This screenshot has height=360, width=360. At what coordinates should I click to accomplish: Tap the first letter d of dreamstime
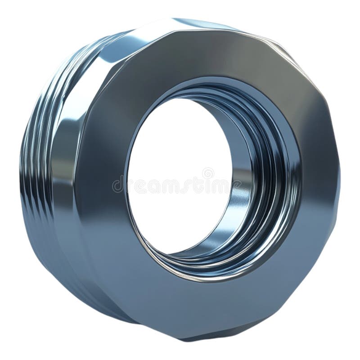tap(117, 185)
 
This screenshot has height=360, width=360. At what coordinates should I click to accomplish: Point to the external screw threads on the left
tap(34, 162)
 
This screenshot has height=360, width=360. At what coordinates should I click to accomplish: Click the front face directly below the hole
tap(198, 306)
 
